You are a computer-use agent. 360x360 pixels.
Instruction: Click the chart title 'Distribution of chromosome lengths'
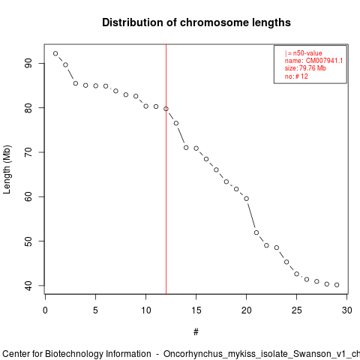196,22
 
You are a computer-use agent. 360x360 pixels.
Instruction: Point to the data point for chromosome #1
55,53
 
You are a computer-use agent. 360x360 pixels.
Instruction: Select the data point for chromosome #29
337,285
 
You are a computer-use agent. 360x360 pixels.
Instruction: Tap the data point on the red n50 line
166,109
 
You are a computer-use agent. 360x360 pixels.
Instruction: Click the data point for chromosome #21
256,232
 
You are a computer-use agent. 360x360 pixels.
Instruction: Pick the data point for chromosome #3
76,83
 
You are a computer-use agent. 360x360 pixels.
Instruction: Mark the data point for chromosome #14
186,148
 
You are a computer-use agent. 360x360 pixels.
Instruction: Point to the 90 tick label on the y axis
28,63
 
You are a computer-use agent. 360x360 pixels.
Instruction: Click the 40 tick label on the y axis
28,286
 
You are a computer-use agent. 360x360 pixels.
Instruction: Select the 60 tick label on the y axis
28,196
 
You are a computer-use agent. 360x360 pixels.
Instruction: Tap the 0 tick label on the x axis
45,310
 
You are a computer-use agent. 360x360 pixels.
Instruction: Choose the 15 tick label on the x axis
196,310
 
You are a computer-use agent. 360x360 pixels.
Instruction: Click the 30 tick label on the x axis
347,310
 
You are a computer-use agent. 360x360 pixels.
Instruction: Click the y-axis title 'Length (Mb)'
7,169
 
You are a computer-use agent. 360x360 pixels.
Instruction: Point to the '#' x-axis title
196,332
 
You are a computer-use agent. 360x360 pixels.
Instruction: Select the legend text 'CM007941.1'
324,61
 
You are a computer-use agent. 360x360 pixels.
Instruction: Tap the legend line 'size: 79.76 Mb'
305,68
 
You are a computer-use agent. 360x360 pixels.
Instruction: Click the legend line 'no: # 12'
296,76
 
